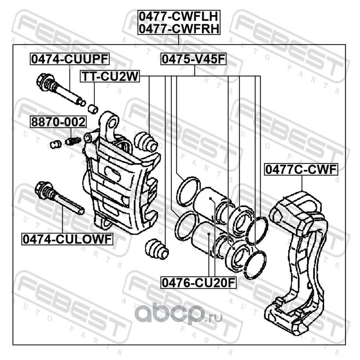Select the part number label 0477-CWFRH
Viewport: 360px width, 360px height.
[179, 29]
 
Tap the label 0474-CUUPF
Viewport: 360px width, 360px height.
[70, 59]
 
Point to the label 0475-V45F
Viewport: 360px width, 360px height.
[193, 59]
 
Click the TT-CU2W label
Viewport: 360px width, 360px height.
[109, 77]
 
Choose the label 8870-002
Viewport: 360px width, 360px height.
[57, 122]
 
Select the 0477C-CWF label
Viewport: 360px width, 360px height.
[301, 170]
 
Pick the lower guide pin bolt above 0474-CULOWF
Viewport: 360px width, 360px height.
[58, 198]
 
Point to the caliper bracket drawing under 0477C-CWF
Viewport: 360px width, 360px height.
[297, 256]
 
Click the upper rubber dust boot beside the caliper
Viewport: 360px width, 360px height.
[146, 142]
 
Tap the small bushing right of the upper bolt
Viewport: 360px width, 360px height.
[93, 108]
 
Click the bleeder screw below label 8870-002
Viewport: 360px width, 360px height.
[72, 141]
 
